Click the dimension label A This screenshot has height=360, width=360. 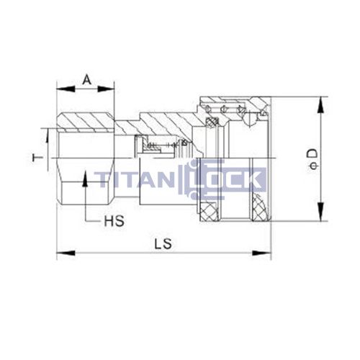(86, 78)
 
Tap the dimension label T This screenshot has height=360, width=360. (42, 156)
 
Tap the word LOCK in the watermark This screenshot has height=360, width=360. (230, 179)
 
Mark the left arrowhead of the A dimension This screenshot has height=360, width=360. (62, 89)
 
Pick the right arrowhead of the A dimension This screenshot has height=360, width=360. (109, 89)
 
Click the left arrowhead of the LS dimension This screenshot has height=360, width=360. (62, 253)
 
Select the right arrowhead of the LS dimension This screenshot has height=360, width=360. (266, 253)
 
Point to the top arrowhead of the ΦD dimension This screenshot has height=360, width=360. (318, 103)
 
